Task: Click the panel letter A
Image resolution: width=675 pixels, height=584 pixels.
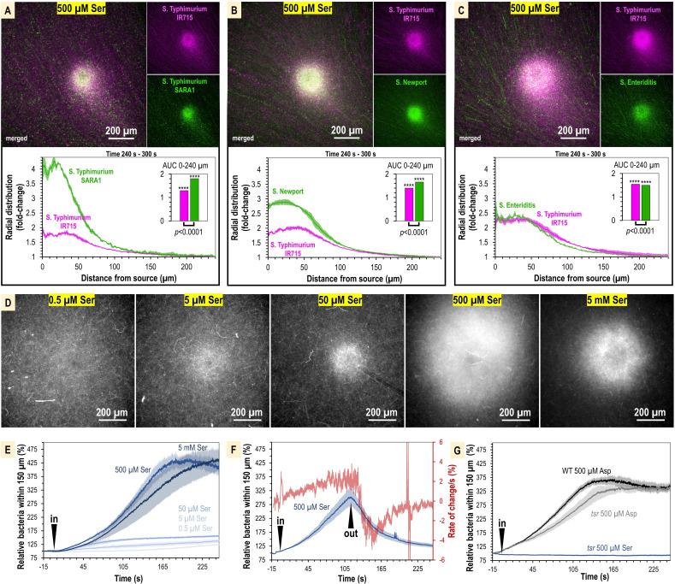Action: [x=6, y=7]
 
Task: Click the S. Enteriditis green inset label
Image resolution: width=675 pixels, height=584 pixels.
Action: [x=635, y=83]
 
